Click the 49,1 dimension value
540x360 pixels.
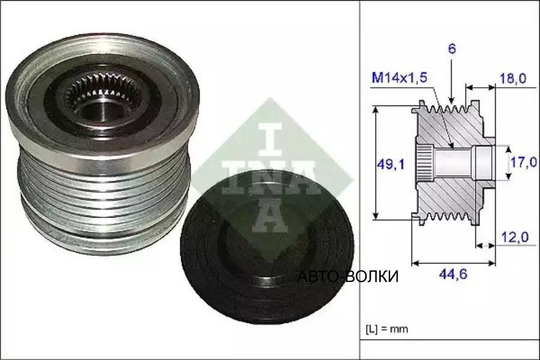[x=390, y=165]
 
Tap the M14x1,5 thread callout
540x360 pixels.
[x=399, y=78]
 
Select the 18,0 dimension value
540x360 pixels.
[x=513, y=79]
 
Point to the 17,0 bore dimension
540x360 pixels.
[x=523, y=162]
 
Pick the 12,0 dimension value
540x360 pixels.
[x=515, y=238]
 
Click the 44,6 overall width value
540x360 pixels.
[x=453, y=274]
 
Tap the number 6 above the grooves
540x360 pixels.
[x=451, y=49]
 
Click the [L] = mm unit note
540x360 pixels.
[x=386, y=329]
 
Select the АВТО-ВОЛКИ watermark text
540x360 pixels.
[x=348, y=276]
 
